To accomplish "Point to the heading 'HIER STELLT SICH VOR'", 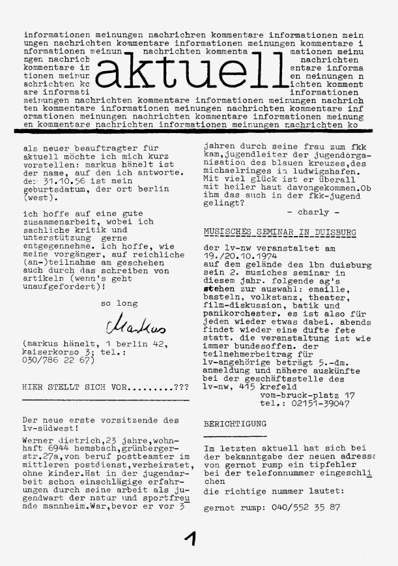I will tap(96, 387).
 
